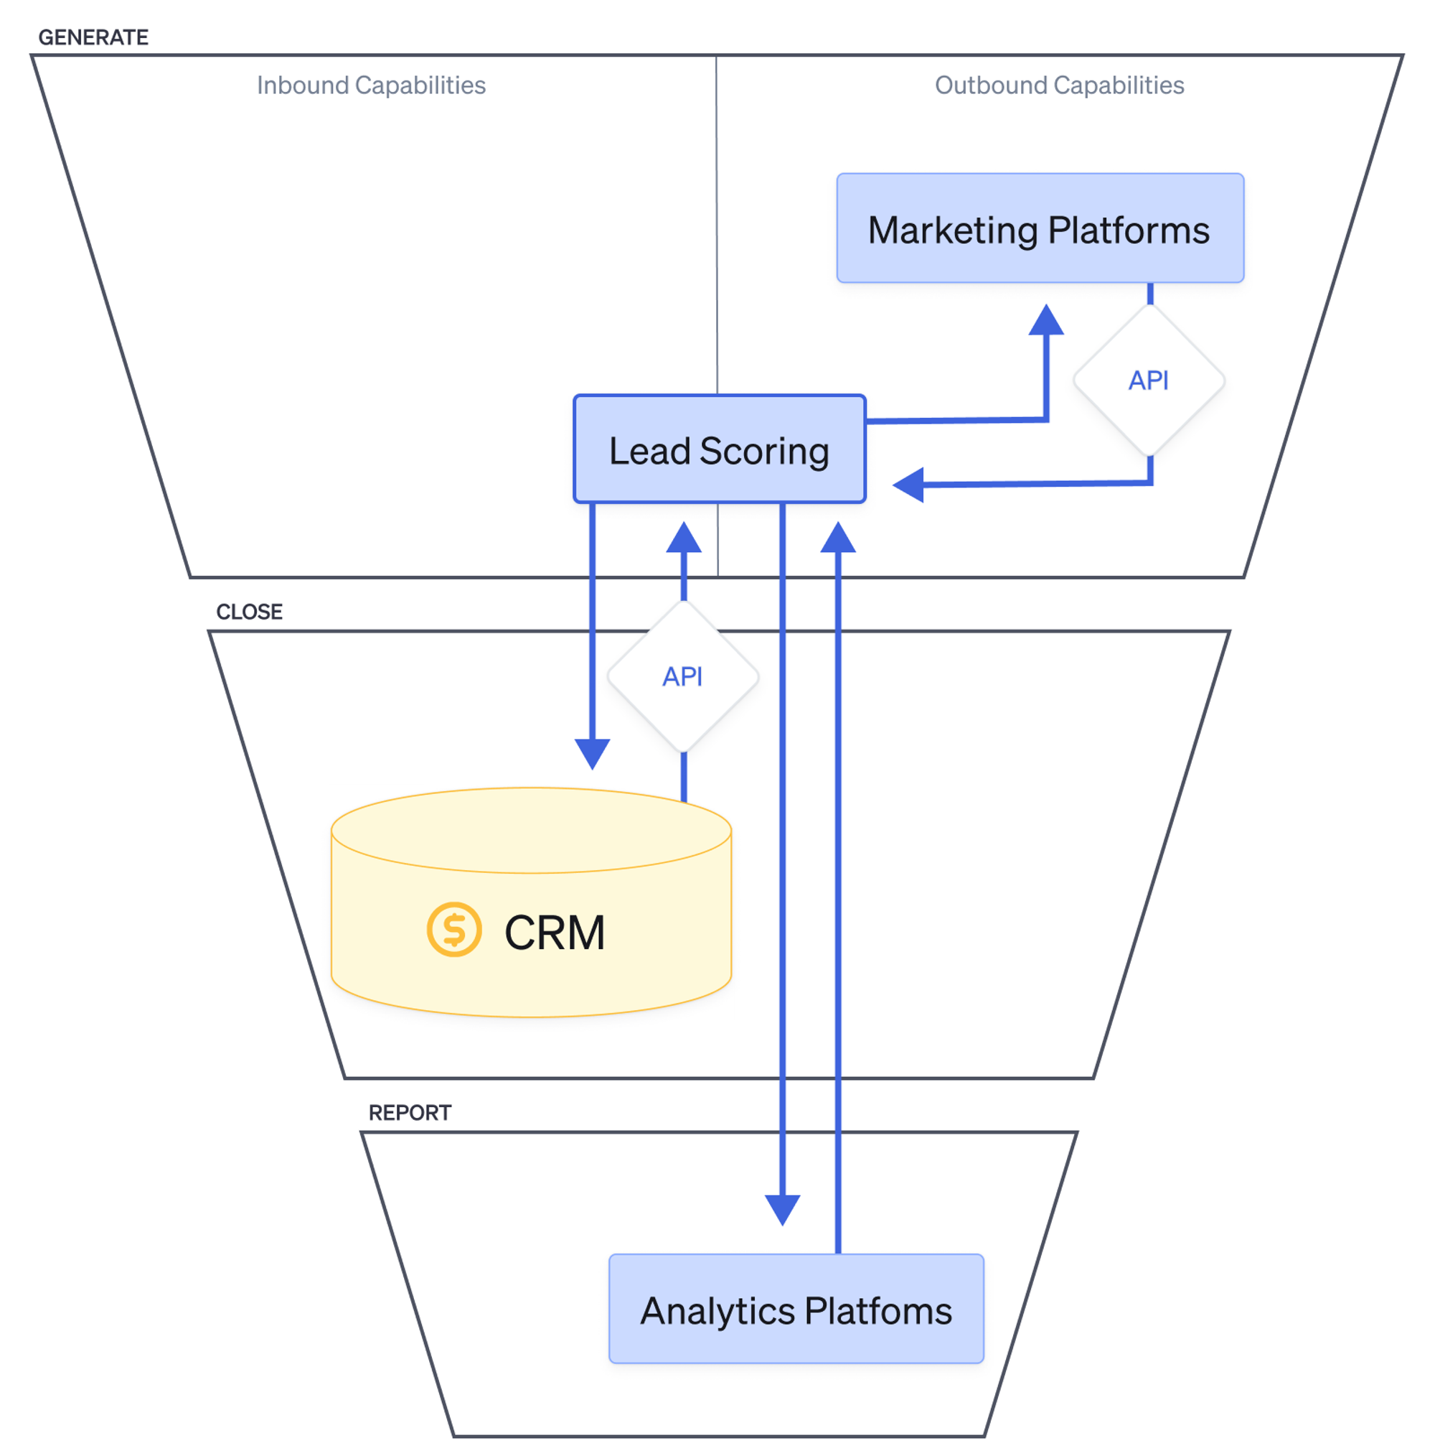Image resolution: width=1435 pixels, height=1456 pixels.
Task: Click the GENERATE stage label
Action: point(93,37)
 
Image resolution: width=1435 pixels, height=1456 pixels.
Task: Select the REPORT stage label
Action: point(409,1112)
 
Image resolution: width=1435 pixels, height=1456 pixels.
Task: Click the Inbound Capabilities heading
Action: point(371,85)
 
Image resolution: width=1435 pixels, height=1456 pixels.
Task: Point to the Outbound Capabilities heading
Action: point(1058,85)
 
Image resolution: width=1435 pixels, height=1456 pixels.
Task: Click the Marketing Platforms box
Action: point(1040,228)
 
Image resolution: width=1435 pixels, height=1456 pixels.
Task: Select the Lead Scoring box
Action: point(720,449)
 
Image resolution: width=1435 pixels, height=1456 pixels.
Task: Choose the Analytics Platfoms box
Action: point(796,1309)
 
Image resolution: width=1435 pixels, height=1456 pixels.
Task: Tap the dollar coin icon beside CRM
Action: point(453,929)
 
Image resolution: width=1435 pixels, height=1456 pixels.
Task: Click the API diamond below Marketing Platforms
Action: point(1148,380)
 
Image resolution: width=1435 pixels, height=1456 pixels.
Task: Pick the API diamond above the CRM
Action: point(682,676)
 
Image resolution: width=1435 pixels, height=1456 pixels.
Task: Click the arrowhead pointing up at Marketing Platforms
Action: point(1045,320)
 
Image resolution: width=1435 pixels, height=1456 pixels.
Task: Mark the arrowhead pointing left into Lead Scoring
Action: point(909,485)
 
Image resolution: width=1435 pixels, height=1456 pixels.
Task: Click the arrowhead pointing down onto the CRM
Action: point(592,753)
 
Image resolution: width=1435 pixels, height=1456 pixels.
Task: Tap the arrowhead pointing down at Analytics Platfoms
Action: point(782,1209)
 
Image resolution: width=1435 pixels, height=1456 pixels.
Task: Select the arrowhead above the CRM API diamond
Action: point(683,538)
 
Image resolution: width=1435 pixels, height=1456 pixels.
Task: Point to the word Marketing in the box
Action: point(952,230)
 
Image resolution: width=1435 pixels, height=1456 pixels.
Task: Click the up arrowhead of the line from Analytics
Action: point(837,538)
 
